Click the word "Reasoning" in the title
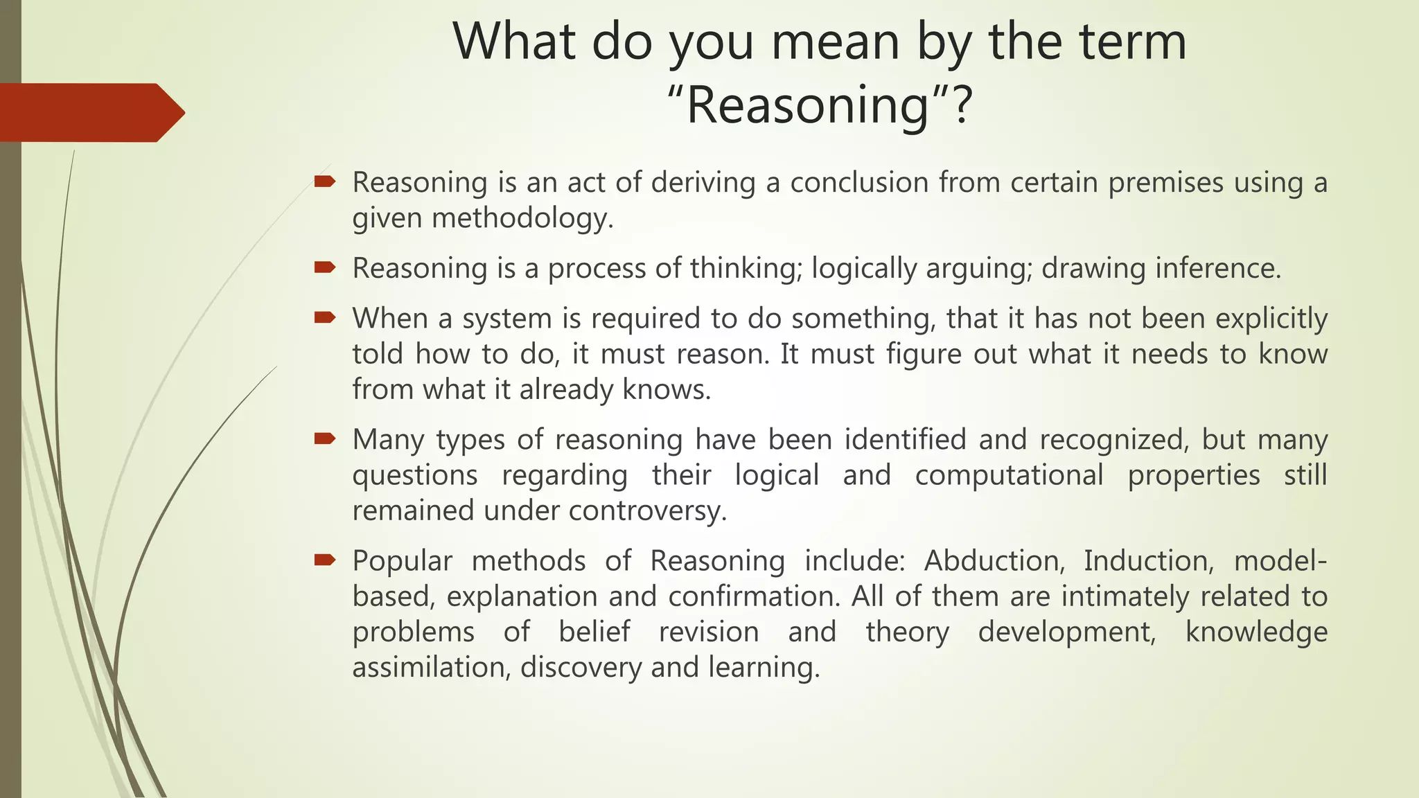coord(807,105)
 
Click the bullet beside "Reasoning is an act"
coord(324,182)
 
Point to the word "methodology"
coord(521,218)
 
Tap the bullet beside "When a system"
coord(324,318)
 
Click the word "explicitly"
coord(1271,319)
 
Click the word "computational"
coord(1009,475)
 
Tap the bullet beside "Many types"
coord(324,439)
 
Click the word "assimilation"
coord(430,668)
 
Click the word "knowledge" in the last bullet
coord(1255,632)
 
